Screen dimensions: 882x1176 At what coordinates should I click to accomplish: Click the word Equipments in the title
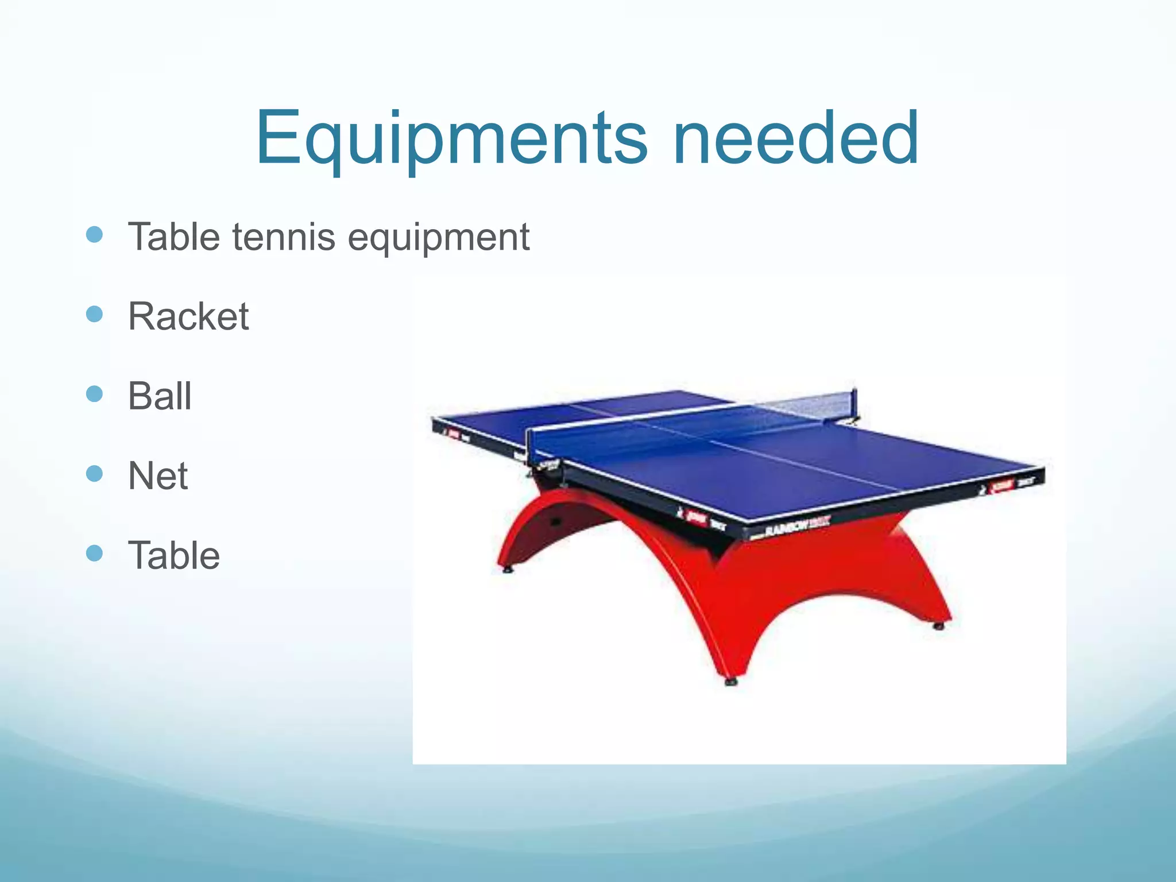[x=451, y=139]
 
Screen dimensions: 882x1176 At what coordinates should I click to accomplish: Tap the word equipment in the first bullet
[x=439, y=238]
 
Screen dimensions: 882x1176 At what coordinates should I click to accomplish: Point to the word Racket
[x=188, y=316]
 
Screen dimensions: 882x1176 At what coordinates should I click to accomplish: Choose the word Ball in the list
[x=160, y=396]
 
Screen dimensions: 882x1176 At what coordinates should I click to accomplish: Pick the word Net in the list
[x=157, y=476]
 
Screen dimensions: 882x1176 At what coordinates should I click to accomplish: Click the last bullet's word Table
[x=173, y=555]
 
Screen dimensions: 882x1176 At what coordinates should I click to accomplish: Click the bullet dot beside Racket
[x=94, y=314]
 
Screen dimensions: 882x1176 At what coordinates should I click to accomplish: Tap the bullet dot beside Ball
[x=94, y=394]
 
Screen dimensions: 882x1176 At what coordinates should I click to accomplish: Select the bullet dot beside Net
[x=94, y=474]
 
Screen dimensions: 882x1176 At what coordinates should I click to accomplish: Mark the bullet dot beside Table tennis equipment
[x=94, y=234]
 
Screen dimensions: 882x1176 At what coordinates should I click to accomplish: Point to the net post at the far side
[x=856, y=402]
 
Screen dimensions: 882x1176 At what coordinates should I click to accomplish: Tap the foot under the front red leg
[x=731, y=682]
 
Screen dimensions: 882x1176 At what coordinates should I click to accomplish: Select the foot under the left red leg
[x=507, y=570]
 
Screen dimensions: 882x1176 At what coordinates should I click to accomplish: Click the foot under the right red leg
[x=939, y=626]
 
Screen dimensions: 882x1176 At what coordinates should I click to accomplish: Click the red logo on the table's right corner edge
[x=1003, y=486]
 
